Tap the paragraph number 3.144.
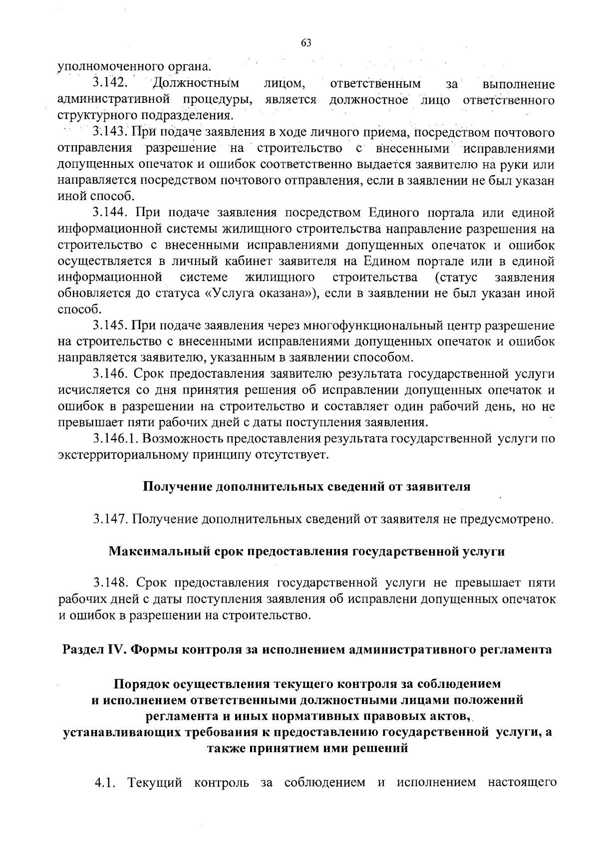(111, 213)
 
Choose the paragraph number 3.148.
(111, 583)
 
